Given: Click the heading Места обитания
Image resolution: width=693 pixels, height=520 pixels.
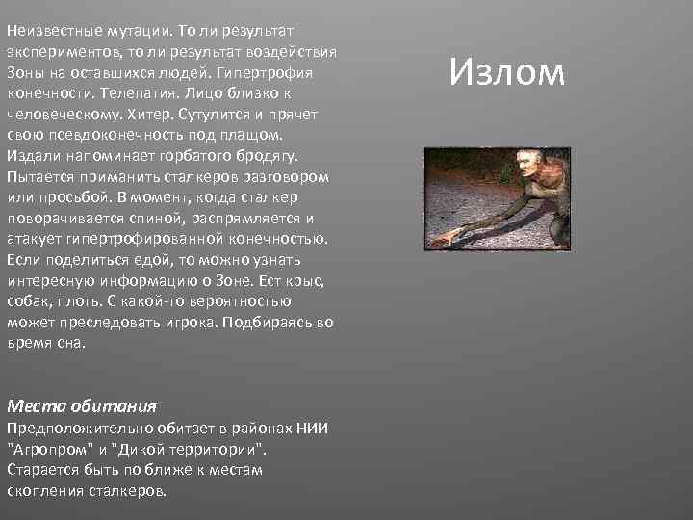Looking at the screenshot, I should (x=81, y=406).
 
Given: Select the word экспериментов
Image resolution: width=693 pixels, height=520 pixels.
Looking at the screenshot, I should (x=58, y=50).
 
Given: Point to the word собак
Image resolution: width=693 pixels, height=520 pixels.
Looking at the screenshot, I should (x=28, y=301).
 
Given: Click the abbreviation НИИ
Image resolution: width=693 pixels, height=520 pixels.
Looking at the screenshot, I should (x=311, y=428).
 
